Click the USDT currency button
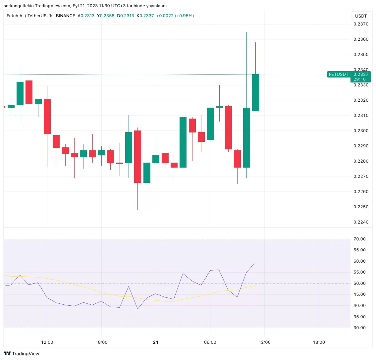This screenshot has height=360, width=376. tap(361, 16)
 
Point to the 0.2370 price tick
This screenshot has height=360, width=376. tap(361, 24)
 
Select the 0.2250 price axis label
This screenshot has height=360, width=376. tap(361, 207)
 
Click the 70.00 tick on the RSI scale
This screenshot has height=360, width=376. tap(359, 239)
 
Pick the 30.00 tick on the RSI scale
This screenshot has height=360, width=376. tap(359, 328)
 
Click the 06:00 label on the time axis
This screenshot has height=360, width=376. tap(210, 342)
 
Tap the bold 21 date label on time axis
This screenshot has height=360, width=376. tap(156, 342)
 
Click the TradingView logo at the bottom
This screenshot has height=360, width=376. tap(22, 354)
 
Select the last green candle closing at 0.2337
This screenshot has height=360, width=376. tap(255, 93)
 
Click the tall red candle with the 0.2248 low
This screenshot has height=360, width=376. tap(137, 156)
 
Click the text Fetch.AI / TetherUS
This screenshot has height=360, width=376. tap(27, 16)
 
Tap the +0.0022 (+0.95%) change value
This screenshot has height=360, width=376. tap(175, 16)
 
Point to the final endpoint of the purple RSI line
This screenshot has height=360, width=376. tap(255, 262)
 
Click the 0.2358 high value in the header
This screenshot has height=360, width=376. tap(108, 16)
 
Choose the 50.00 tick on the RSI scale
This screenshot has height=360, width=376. tap(359, 283)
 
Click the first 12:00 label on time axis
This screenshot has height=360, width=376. tap(47, 342)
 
